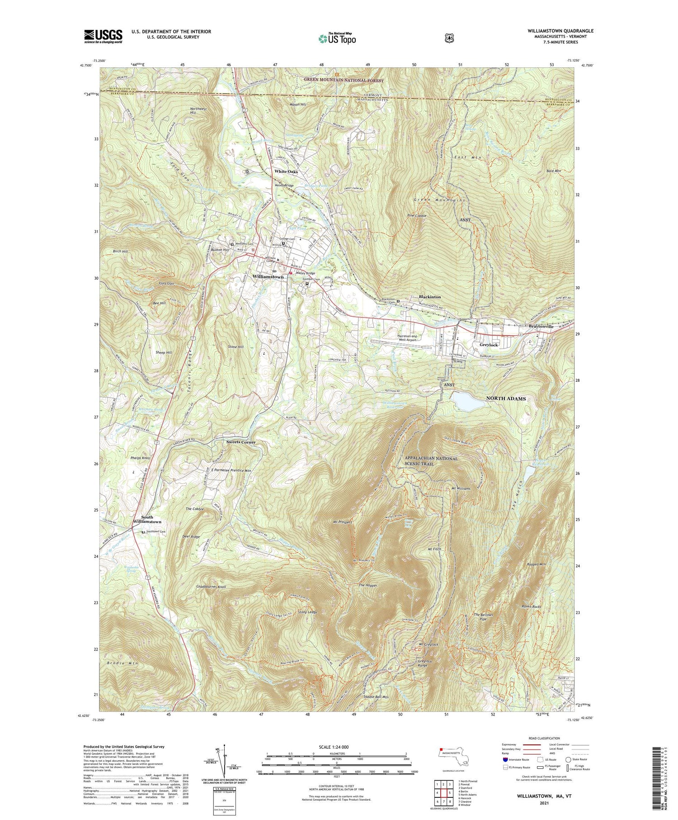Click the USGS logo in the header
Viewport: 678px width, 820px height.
(103, 36)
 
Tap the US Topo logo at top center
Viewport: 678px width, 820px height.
(337, 39)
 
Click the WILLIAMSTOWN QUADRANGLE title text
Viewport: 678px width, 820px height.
(560, 31)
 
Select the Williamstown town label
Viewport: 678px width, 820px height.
(268, 276)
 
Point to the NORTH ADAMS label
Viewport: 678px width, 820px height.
(506, 398)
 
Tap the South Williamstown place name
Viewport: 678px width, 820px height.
(147, 519)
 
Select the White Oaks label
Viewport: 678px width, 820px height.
(286, 171)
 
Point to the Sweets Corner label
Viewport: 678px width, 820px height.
(240, 442)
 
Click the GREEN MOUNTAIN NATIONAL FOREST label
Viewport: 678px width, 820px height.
(344, 81)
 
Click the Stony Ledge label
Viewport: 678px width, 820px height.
(307, 612)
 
